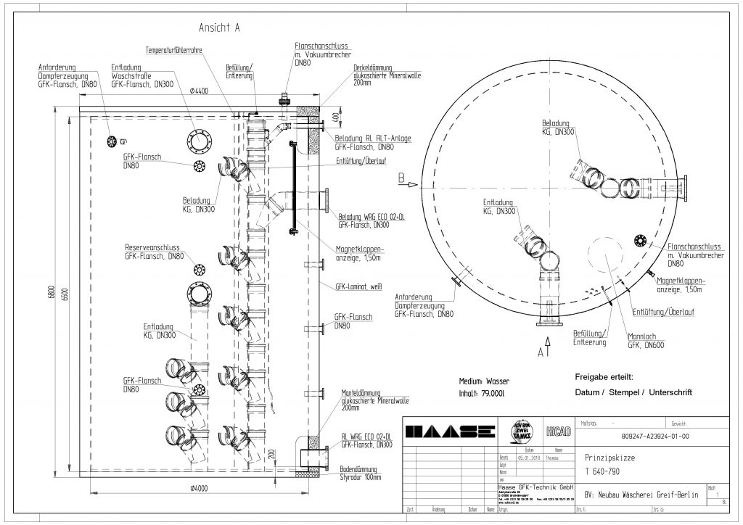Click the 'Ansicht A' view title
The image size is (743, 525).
pos(219,28)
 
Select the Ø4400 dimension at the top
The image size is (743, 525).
pos(200,91)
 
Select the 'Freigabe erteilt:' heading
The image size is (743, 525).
pos(604,377)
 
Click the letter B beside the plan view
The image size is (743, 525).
pos(400,177)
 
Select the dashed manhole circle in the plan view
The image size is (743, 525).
pos(607,257)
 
